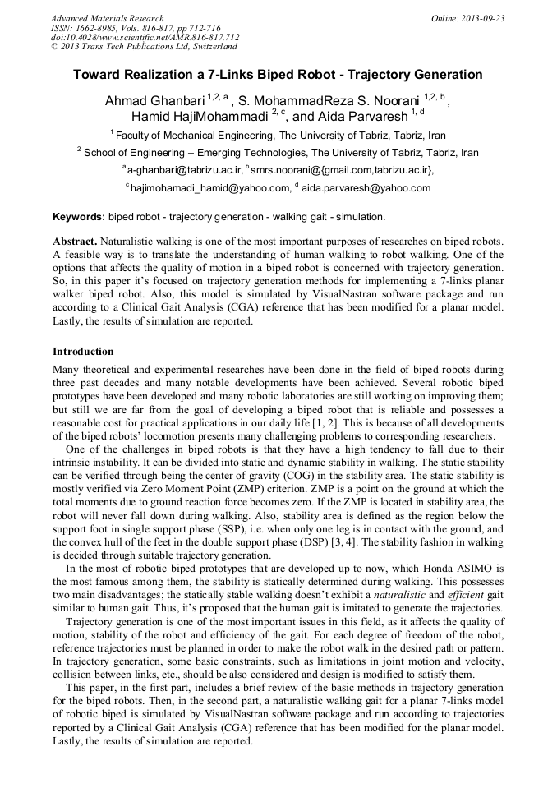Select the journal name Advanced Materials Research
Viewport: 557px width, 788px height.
pos(108,18)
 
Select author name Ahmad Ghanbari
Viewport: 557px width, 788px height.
pos(154,101)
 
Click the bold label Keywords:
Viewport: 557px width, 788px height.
pos(78,218)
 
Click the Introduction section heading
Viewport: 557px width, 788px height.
pos(83,352)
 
